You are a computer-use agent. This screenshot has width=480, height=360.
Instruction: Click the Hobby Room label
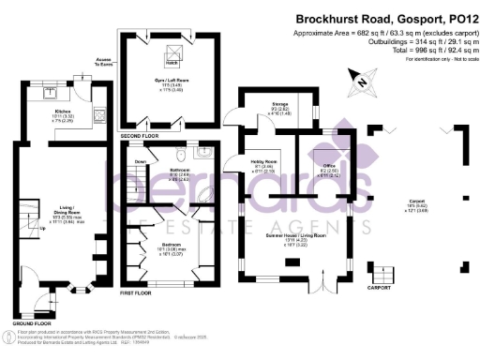click(x=263, y=167)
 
